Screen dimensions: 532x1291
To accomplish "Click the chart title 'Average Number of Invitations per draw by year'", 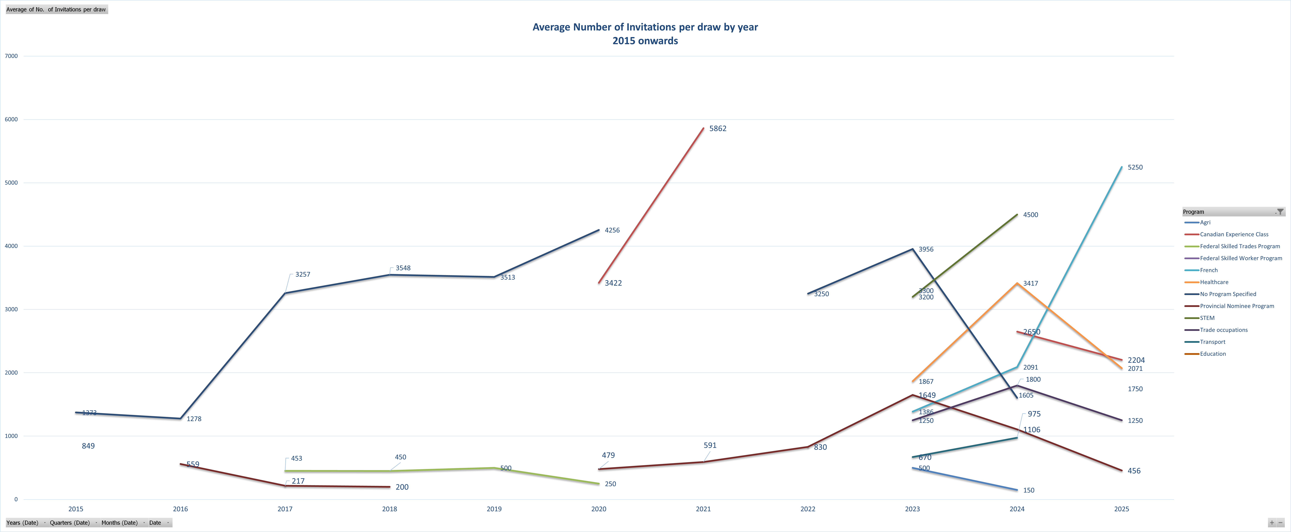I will [x=645, y=27].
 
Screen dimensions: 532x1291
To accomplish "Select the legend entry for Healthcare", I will [x=1214, y=282].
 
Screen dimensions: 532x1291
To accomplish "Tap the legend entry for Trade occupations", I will [x=1223, y=330].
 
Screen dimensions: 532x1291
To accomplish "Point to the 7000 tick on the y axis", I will [x=11, y=56].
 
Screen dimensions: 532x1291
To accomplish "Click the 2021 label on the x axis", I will [x=703, y=509].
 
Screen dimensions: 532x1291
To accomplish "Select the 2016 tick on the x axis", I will [x=180, y=509].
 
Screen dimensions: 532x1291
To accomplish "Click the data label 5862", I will [x=718, y=129].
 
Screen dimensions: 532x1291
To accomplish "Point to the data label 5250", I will [x=1135, y=167].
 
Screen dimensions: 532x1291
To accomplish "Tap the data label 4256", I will [x=612, y=230].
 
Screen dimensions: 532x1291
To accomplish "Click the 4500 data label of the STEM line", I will [x=1030, y=215].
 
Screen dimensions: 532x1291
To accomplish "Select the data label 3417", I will [x=1030, y=284].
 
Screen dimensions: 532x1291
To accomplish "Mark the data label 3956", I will [x=926, y=249].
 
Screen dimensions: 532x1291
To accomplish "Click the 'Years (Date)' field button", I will [x=23, y=523].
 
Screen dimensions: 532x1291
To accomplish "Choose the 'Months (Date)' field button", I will [x=119, y=523].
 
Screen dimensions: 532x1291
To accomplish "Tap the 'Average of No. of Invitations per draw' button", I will [x=56, y=10].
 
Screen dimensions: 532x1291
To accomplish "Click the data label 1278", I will [x=194, y=419].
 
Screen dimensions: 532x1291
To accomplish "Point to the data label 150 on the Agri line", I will [x=1028, y=490].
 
